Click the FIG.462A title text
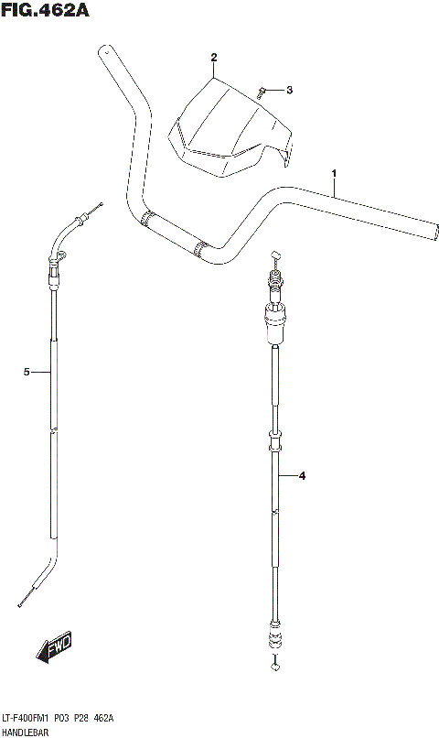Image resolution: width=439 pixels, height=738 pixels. click(x=45, y=9)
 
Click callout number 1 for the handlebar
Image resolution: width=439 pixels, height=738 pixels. click(x=334, y=174)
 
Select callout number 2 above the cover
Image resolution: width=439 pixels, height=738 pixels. click(x=214, y=58)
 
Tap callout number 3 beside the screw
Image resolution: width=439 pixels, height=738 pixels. click(x=290, y=90)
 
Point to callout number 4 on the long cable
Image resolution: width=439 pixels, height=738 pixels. click(x=302, y=476)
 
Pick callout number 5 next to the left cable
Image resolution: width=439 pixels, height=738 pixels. click(x=27, y=373)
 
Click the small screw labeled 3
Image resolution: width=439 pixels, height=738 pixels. click(x=261, y=92)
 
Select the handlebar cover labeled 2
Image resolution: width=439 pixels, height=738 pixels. click(x=230, y=128)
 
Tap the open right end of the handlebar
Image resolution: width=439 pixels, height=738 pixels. click(x=434, y=232)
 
